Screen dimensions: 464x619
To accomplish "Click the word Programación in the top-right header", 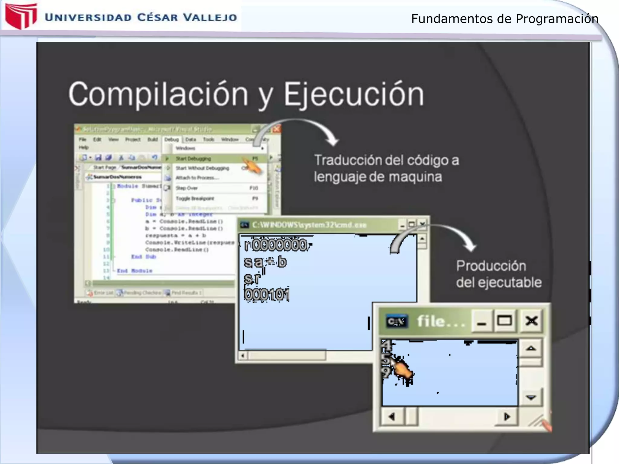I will point(557,19).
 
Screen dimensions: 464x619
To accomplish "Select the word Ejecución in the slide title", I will point(353,94).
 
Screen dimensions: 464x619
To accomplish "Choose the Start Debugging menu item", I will point(193,159).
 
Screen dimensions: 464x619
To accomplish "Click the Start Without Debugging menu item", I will point(203,168).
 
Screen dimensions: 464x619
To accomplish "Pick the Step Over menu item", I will point(187,188).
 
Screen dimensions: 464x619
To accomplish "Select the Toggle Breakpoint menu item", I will point(195,198).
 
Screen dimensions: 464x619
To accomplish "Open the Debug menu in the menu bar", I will point(172,140).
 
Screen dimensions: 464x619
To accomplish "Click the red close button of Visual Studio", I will point(276,129).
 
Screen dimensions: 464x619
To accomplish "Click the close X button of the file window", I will point(531,321).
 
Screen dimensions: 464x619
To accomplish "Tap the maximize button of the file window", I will point(504,321).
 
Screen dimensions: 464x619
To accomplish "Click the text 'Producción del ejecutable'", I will point(498,274).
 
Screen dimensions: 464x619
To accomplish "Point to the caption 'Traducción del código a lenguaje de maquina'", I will point(386,168).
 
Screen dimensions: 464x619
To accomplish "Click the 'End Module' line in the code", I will point(134,271).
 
